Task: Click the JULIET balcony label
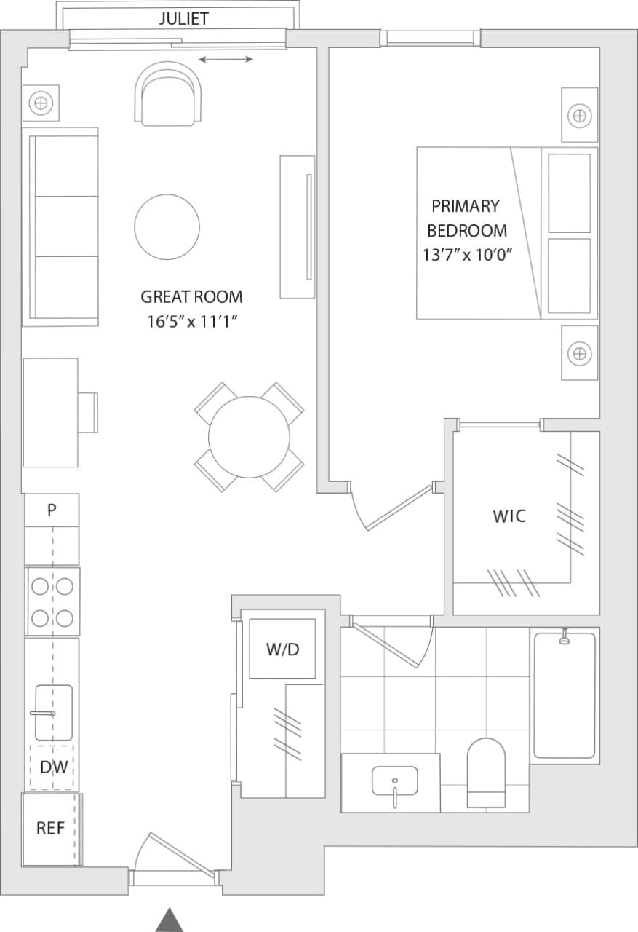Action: (x=183, y=19)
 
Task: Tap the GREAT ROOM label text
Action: (x=191, y=297)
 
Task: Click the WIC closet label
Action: (x=509, y=516)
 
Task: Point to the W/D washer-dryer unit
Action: (x=282, y=649)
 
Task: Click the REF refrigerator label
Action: (x=51, y=829)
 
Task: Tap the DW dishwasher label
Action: (x=53, y=766)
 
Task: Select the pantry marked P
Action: (x=52, y=510)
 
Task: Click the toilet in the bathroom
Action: (x=486, y=773)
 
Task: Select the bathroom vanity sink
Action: (x=394, y=782)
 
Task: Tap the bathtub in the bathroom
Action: (x=565, y=695)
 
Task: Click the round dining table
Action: (x=249, y=437)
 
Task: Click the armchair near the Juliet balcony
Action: (x=168, y=94)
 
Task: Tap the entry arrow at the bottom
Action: (x=169, y=920)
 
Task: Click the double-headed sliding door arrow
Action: (x=226, y=59)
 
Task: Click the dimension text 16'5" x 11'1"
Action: (x=191, y=322)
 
